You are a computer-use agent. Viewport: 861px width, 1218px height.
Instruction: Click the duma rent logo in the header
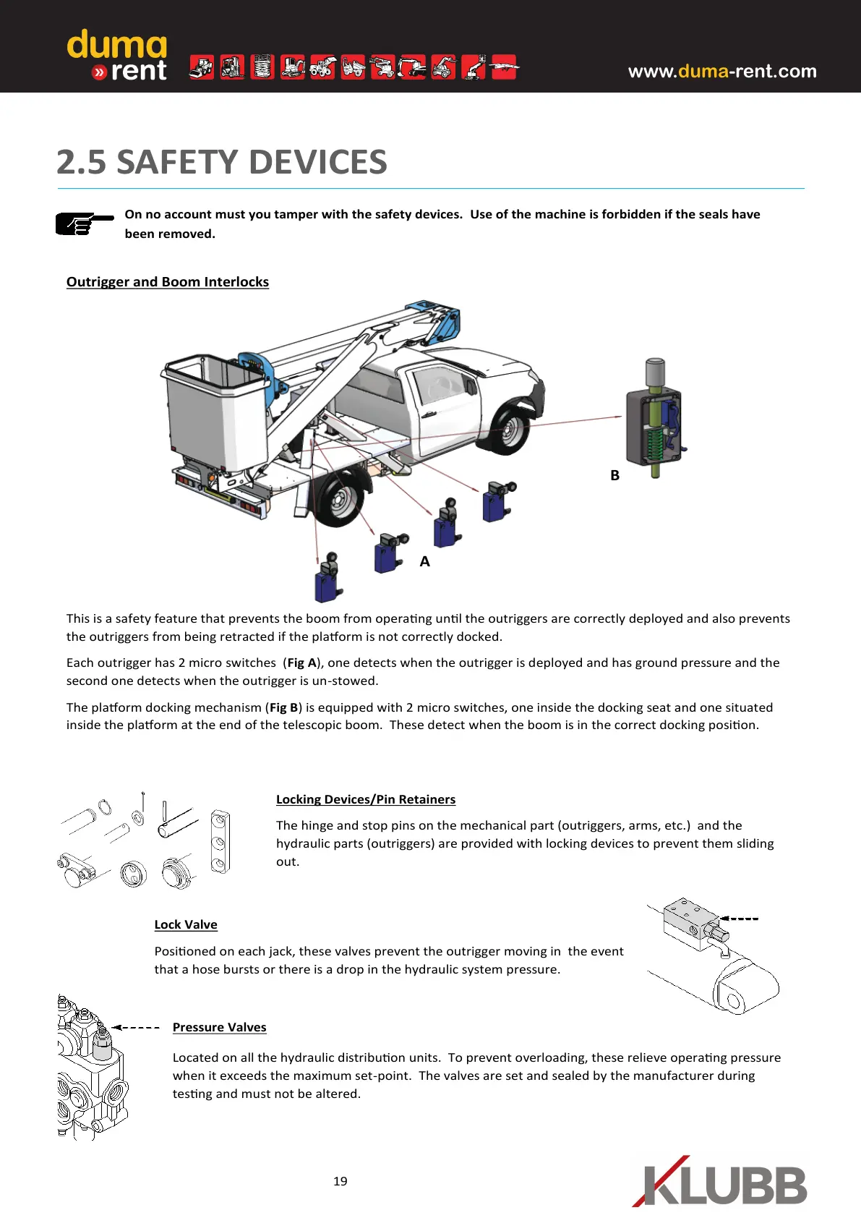pos(117,55)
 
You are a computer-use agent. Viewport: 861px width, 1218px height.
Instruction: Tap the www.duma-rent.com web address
pos(721,71)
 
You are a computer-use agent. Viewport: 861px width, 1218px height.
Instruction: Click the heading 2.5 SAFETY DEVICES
pos(222,162)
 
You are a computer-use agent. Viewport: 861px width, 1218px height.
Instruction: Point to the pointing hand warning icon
pos(83,223)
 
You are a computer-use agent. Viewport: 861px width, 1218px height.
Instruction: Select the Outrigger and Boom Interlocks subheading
pos(168,282)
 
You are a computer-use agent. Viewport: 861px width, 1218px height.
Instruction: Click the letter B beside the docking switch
pos(614,475)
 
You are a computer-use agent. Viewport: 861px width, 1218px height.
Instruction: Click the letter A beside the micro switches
pos(424,561)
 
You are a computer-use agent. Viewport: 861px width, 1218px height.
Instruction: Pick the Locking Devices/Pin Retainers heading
pos(366,799)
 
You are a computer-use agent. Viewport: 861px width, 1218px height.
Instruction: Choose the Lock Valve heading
pos(186,924)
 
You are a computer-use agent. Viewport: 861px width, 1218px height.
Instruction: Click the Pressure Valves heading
pos(219,1027)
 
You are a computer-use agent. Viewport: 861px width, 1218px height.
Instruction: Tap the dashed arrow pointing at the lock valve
pos(739,919)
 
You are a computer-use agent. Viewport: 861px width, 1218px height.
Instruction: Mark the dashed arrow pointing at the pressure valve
pos(136,1027)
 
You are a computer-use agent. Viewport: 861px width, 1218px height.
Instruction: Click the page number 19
pos(340,1181)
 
